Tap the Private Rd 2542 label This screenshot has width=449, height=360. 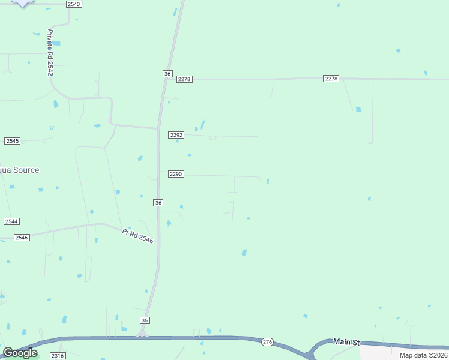[x=50, y=52]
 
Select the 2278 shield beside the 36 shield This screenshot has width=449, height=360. [x=184, y=79]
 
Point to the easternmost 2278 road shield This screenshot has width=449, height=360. [x=331, y=79]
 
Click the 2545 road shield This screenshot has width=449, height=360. [x=12, y=140]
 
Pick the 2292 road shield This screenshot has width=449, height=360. [x=176, y=135]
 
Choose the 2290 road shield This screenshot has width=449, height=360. [x=175, y=174]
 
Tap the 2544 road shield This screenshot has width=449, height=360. [x=11, y=221]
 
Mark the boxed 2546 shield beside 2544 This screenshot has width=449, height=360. [x=22, y=238]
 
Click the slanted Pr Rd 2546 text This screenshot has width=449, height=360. [x=137, y=235]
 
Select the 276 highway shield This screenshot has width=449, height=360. [x=268, y=342]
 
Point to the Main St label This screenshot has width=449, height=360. [x=346, y=341]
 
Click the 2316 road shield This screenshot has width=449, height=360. [x=57, y=356]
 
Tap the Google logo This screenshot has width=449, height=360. [x=20, y=353]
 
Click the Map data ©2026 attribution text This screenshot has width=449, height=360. [x=423, y=355]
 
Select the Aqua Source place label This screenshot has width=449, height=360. [x=19, y=170]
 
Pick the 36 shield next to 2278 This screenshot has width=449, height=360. [x=167, y=73]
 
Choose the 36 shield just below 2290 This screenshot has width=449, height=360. [x=158, y=203]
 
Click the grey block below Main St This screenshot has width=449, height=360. [x=403, y=353]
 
